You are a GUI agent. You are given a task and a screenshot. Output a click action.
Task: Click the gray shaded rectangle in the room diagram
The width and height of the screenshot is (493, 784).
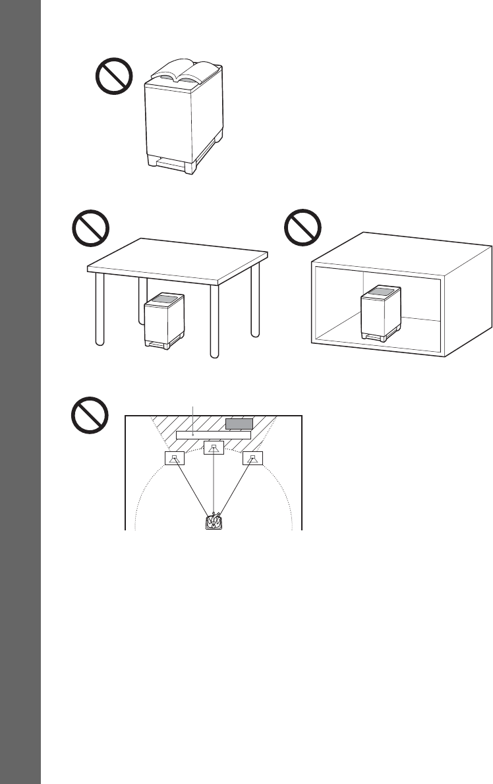[239, 424]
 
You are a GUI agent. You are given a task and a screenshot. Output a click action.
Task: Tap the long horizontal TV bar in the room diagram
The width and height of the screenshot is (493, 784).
[214, 435]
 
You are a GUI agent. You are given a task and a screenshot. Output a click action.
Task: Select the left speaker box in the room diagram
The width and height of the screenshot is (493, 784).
[173, 459]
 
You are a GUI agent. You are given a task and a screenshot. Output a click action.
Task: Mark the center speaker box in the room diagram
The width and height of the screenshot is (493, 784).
[214, 449]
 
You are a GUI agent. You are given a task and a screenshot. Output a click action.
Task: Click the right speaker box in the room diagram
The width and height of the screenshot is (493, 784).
[252, 459]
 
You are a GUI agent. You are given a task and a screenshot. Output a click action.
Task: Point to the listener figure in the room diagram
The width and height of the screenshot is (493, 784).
[214, 521]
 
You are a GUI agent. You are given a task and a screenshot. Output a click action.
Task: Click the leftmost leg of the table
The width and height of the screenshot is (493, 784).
[98, 310]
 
